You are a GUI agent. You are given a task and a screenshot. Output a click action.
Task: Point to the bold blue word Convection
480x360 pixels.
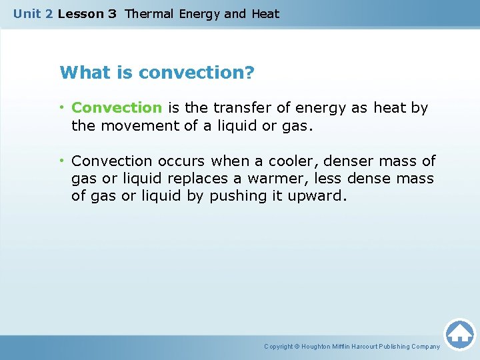(117, 108)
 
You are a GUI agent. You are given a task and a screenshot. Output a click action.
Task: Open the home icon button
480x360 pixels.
(459, 333)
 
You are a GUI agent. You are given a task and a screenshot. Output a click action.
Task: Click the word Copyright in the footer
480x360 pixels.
(279, 347)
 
